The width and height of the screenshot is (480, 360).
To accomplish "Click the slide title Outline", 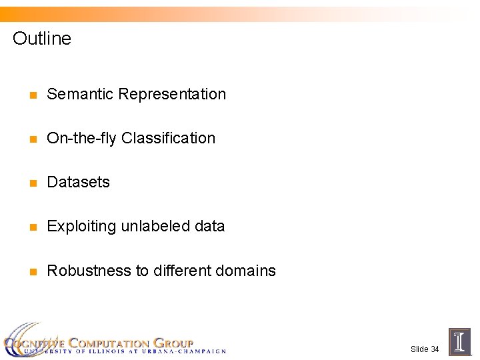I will pos(41,39).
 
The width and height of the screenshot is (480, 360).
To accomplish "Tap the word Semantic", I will pos(80,94).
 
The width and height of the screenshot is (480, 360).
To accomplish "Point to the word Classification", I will pos(169,138).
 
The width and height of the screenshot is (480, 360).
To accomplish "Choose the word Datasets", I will pos(78,182).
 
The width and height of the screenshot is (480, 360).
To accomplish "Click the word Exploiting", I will pos(81,227).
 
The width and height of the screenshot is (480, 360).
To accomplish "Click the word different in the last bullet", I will pos(185,271).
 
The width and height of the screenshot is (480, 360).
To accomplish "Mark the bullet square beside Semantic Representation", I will pos(31,95).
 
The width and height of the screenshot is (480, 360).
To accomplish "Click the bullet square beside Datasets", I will pos(31,183).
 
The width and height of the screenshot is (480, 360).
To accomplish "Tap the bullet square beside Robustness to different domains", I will pos(31,272).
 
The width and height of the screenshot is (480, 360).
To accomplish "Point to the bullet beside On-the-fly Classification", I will pos(31,139).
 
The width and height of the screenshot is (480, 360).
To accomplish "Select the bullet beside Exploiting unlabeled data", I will pos(31,227).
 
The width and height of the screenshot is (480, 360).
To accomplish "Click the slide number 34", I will pos(435,349).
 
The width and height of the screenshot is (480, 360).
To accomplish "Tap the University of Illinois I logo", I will pos(459,341).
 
